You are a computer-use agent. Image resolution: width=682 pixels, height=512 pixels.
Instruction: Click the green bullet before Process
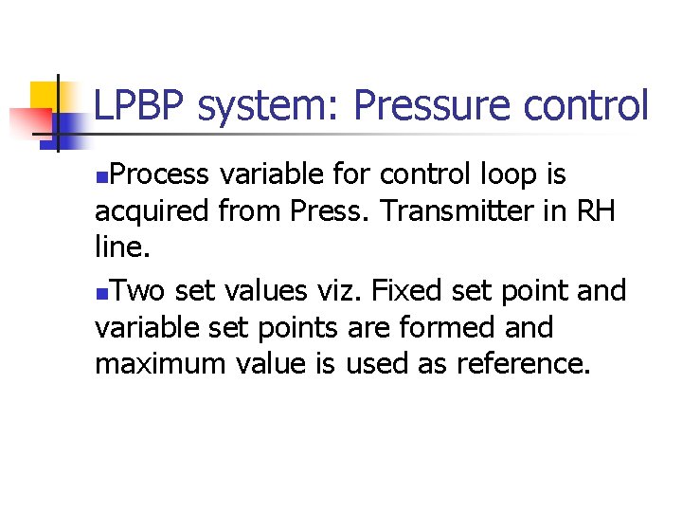coord(101,177)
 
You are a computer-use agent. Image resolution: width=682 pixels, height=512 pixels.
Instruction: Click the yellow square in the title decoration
coord(44,95)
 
